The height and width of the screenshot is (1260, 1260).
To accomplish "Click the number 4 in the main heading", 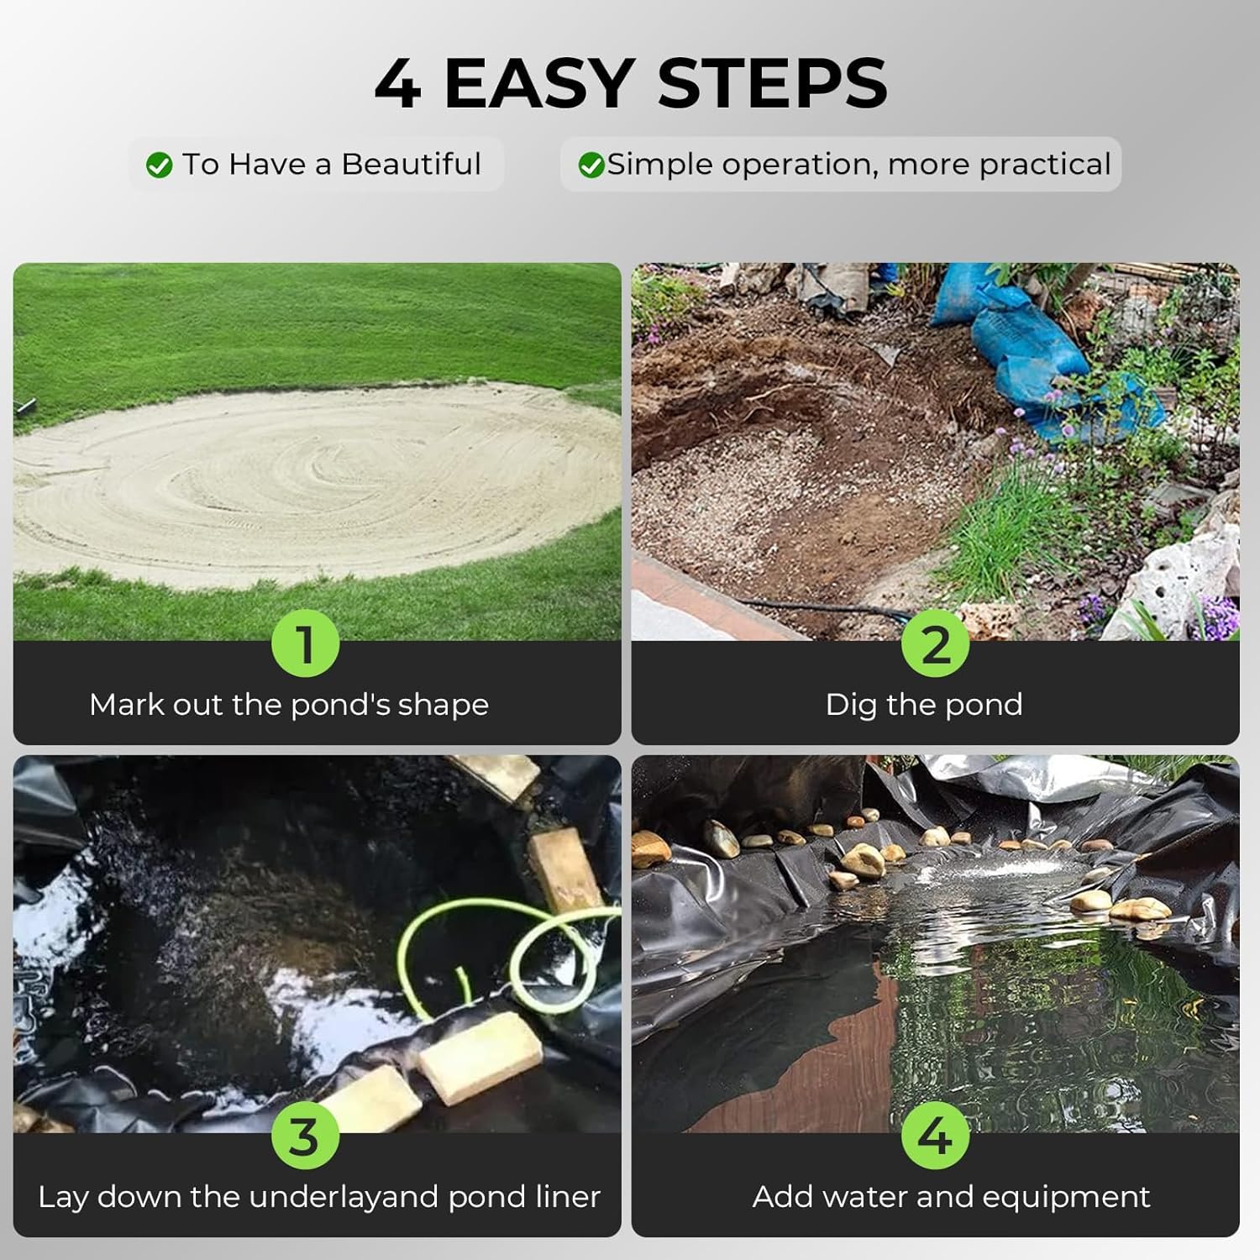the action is (x=397, y=83).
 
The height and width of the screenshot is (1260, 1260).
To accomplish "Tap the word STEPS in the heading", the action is (x=772, y=83).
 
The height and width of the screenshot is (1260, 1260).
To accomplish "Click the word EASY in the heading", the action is (x=538, y=83).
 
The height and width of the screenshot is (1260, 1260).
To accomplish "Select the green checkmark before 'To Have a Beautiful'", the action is (x=159, y=165).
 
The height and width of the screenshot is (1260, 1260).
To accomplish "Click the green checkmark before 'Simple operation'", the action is (x=591, y=165).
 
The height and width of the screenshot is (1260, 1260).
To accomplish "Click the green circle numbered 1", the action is (x=305, y=644).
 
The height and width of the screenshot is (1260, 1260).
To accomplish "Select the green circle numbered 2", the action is (x=935, y=644).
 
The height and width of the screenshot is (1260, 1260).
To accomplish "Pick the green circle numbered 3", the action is (x=305, y=1136).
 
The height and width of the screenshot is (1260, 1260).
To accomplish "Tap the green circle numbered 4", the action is (x=935, y=1136).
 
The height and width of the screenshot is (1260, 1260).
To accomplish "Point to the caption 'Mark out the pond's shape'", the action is (x=289, y=705).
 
